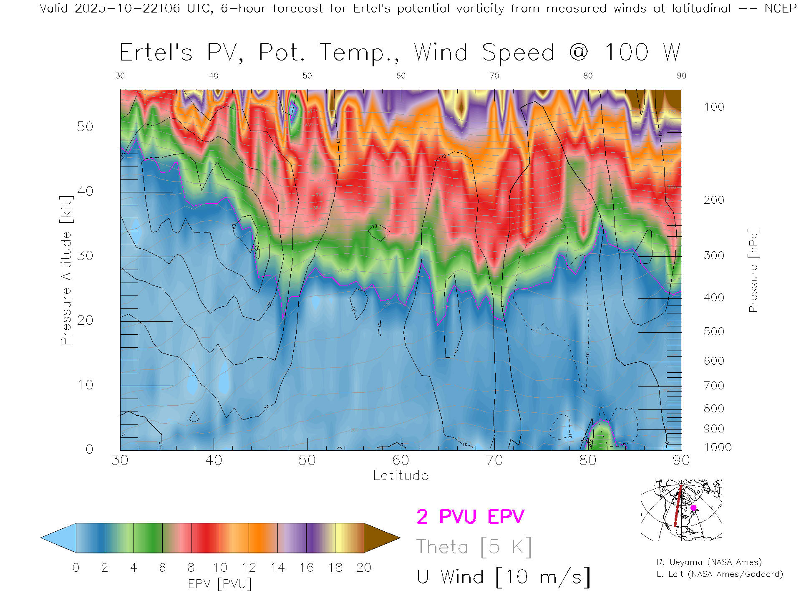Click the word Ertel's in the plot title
point(156,53)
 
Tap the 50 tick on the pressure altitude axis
point(85,126)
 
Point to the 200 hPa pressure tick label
point(714,200)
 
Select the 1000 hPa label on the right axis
point(718,447)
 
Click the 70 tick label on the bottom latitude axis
point(494,460)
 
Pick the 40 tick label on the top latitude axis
point(214,76)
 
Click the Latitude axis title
point(400,476)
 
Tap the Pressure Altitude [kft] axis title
point(66,270)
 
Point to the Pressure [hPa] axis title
point(753,270)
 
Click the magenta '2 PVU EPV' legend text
point(470,517)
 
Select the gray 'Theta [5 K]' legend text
point(474,547)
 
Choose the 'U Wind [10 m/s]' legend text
point(503,577)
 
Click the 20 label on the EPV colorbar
point(364,568)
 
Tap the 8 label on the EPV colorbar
point(191,568)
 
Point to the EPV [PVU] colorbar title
point(220,584)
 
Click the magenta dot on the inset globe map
point(693,508)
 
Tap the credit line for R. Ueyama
point(709,562)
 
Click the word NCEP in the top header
point(781,8)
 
